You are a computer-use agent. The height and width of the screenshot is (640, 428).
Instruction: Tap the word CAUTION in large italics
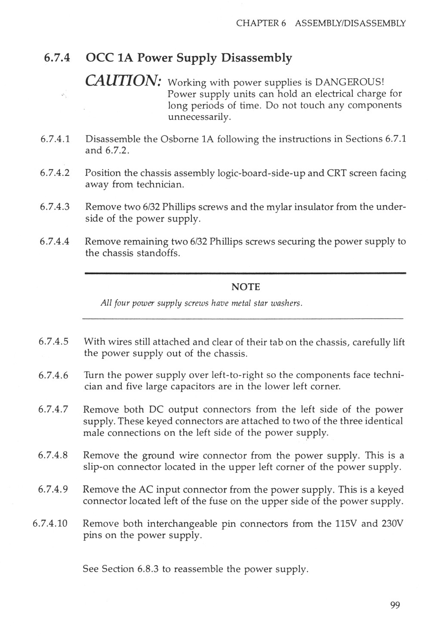123,80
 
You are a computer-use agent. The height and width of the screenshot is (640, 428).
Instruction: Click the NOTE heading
246,287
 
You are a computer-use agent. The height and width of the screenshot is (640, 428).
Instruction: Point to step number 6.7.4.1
55,139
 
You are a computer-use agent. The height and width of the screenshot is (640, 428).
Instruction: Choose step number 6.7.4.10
50,524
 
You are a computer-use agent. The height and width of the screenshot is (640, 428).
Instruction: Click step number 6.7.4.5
54,342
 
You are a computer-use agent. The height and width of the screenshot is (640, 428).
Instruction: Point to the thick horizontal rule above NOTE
246,273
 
